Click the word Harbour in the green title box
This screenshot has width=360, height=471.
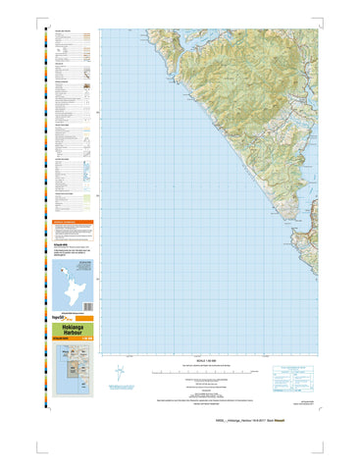(71, 339)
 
